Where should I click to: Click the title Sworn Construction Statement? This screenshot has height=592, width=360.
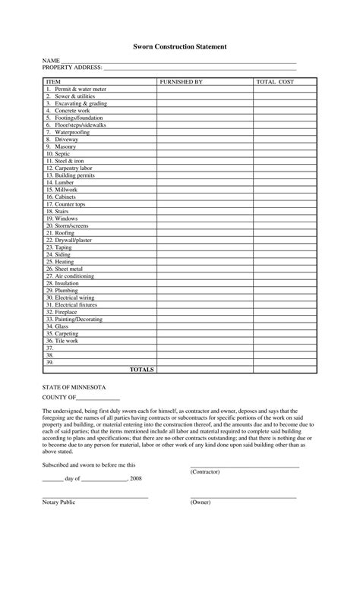coord(180,46)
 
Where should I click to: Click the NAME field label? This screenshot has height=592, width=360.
coord(50,61)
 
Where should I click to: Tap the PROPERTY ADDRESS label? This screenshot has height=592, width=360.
coord(71,68)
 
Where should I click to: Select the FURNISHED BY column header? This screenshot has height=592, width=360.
coord(181,80)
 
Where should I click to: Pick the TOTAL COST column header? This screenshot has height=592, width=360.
coord(275,80)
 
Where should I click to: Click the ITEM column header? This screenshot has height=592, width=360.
coord(53,80)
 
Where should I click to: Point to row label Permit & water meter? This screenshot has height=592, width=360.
coord(76,89)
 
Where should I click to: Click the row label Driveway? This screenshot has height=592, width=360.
coord(62,140)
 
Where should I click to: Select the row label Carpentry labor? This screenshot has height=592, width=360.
coord(69,168)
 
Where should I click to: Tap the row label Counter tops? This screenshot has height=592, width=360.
coord(65,204)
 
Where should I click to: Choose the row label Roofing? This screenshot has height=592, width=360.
coord(60,233)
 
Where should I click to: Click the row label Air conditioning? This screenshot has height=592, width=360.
coord(70,276)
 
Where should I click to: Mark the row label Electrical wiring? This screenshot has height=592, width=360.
coord(70,298)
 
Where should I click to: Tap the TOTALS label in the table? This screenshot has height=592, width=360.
coord(142,370)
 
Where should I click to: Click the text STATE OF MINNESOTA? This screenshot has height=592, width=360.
coord(74,387)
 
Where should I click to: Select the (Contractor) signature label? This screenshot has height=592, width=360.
coord(205,471)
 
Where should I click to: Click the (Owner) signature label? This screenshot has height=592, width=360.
coord(201,502)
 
